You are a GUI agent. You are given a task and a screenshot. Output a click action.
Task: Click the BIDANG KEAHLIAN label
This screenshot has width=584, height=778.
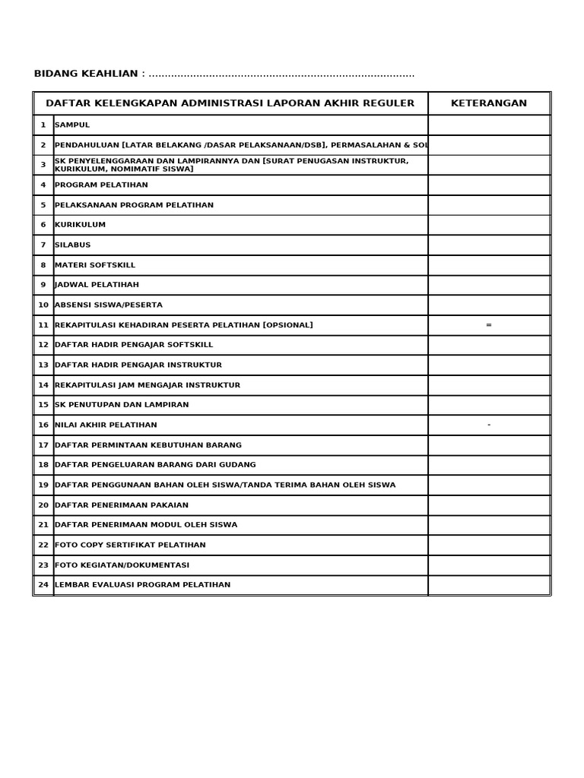tap(86, 74)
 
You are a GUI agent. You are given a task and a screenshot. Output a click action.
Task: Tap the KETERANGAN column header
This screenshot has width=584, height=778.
tap(488, 103)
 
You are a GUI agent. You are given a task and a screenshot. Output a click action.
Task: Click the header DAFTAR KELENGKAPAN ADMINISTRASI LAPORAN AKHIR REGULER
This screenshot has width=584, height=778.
tap(230, 103)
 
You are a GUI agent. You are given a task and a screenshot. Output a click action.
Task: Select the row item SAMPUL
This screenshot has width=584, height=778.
tap(72, 125)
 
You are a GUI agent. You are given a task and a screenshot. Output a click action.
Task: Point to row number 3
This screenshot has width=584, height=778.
tap(43, 165)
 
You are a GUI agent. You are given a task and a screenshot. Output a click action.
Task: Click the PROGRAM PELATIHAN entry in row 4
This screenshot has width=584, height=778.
tap(101, 185)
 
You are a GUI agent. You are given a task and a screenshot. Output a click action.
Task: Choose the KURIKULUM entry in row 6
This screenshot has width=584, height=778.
tap(80, 226)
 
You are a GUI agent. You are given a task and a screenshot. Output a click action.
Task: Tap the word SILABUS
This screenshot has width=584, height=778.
tap(72, 245)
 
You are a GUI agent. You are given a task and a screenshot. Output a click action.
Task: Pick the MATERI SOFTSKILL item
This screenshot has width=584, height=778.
tap(95, 265)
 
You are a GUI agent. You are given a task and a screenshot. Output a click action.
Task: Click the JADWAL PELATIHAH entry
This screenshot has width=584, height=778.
tap(97, 286)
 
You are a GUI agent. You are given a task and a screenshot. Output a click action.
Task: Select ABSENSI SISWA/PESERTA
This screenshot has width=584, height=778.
tap(108, 305)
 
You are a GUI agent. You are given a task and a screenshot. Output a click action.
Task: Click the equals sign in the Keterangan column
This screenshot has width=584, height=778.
tap(488, 325)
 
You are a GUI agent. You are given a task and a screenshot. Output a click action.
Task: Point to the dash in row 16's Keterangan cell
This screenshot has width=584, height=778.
tap(488, 425)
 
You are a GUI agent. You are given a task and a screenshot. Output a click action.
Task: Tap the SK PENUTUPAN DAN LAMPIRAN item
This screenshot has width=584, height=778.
tap(122, 406)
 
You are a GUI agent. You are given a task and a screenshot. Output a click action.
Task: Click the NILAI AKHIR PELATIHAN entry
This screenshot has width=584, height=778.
tap(106, 425)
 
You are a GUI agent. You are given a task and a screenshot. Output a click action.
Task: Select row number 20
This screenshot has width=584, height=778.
tap(43, 505)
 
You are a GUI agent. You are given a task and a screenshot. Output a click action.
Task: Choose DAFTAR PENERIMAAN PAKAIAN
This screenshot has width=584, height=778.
tap(122, 505)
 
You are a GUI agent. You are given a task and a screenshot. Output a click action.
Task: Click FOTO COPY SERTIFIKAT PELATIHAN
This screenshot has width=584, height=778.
tap(130, 546)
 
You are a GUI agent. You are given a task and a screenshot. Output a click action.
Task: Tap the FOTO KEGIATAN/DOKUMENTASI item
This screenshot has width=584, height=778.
tap(122, 565)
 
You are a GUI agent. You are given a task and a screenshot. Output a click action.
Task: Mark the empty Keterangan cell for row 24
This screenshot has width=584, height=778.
tap(488, 585)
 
